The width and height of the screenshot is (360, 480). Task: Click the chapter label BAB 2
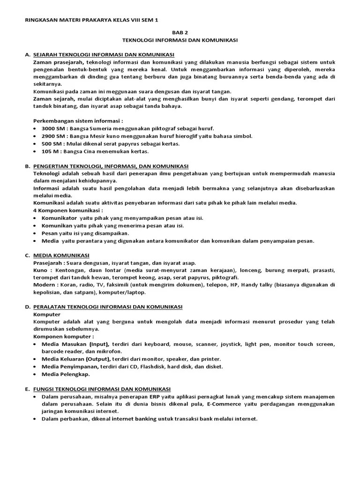[180, 32]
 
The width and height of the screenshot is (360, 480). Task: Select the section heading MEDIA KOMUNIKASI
[61, 255]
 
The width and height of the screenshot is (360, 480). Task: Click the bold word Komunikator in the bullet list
[59, 218]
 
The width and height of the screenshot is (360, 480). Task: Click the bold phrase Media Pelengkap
[66, 374]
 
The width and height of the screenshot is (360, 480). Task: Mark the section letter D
[27, 307]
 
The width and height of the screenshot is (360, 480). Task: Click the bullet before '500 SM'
[36, 143]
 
